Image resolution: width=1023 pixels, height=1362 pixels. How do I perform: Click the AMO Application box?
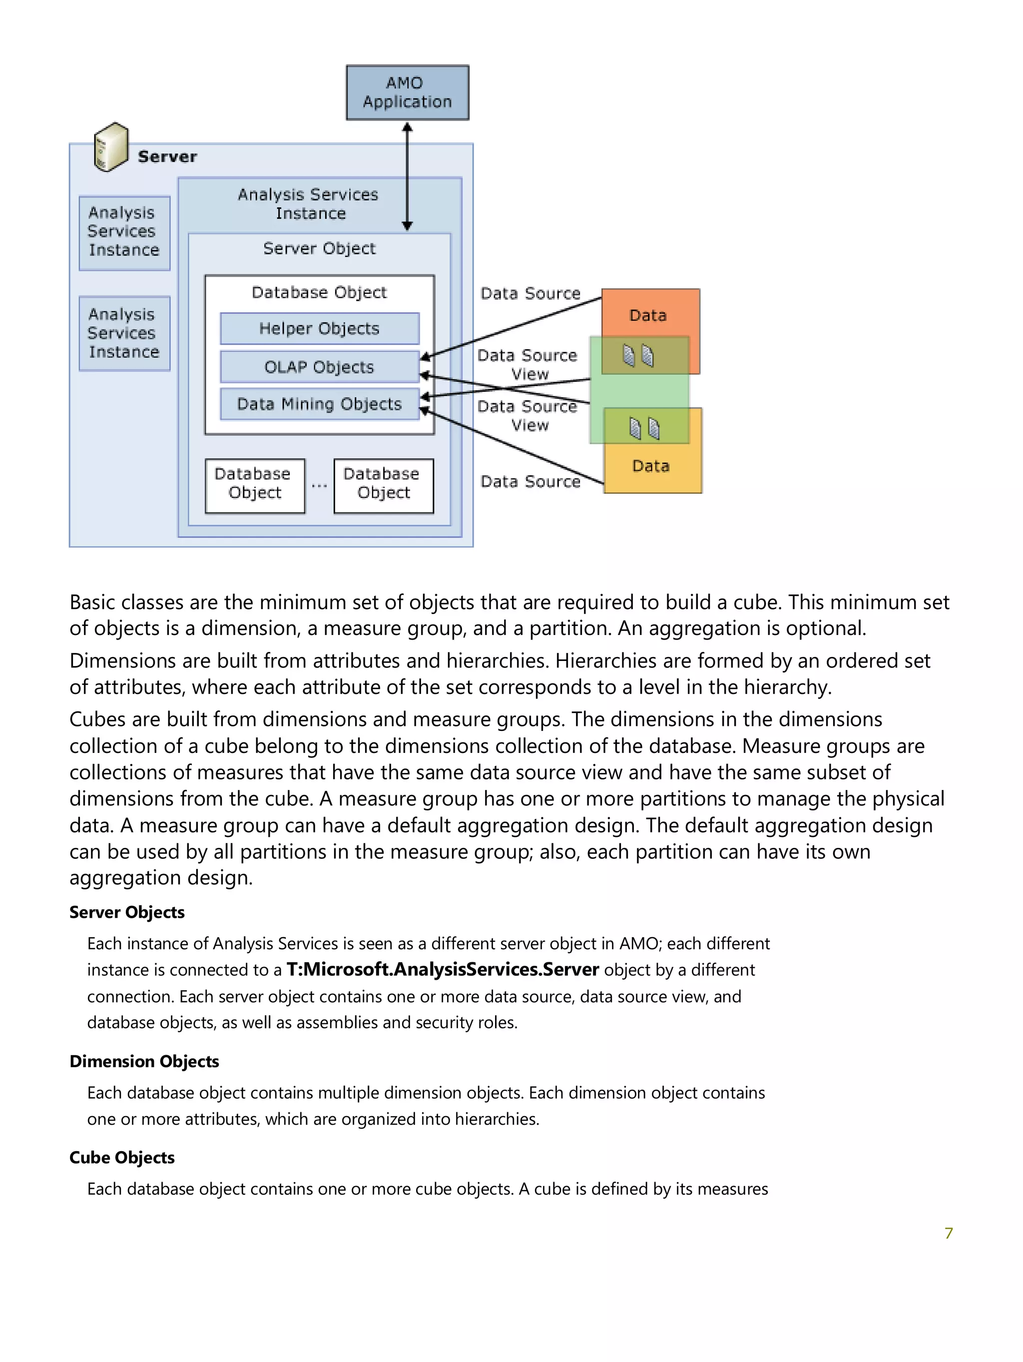coord(407,92)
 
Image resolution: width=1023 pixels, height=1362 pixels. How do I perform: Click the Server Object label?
coord(319,248)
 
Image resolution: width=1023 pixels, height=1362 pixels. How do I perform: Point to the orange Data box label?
coord(647,315)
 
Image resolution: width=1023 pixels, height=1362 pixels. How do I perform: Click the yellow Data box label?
coord(650,466)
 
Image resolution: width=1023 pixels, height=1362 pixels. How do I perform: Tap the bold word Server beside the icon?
coord(167,157)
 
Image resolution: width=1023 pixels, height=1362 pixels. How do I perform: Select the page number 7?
coord(949,1233)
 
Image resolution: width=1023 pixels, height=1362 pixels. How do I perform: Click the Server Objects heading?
coord(127,912)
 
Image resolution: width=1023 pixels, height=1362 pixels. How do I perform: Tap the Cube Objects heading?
coord(122,1158)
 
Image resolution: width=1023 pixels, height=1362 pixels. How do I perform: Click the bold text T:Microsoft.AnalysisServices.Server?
coord(443,970)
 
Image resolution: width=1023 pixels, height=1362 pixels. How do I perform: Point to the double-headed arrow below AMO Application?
coord(407,176)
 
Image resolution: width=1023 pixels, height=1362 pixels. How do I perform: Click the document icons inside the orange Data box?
coord(638,355)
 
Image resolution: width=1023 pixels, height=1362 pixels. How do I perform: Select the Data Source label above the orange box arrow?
coord(530,293)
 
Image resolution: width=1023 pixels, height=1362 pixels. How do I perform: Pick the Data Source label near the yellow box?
coord(530,482)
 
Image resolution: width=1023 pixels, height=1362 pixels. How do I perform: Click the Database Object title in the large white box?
coord(319,292)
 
